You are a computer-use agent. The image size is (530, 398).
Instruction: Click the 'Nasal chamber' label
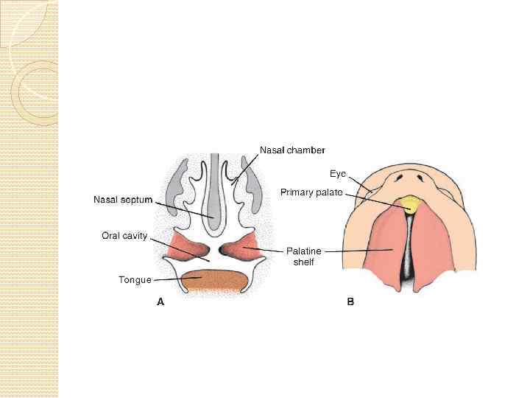pos(292,150)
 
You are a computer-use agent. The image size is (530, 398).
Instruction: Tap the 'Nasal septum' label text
pos(123,199)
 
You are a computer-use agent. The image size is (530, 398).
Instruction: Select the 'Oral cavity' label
pos(124,236)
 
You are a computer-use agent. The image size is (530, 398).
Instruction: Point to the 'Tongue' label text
pos(135,280)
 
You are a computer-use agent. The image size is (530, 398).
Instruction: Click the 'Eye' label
pos(337,174)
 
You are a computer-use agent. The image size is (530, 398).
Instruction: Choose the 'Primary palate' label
pos(311,192)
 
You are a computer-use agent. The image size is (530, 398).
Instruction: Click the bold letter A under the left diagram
pos(160,301)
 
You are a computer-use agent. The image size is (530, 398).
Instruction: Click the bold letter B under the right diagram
pos(350,301)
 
